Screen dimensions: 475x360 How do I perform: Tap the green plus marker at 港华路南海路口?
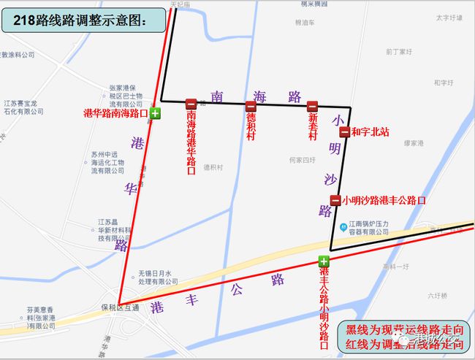(155, 114)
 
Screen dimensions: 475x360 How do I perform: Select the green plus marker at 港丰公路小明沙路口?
(324, 261)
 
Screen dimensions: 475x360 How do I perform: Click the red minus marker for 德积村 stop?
(251, 106)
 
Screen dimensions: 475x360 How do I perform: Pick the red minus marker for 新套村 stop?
(312, 106)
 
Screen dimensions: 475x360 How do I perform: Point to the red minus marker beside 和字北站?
(344, 132)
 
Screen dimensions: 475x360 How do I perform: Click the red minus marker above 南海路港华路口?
(191, 104)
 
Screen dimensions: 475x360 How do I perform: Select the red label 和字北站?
(370, 133)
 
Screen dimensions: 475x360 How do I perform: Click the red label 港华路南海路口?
(116, 114)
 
